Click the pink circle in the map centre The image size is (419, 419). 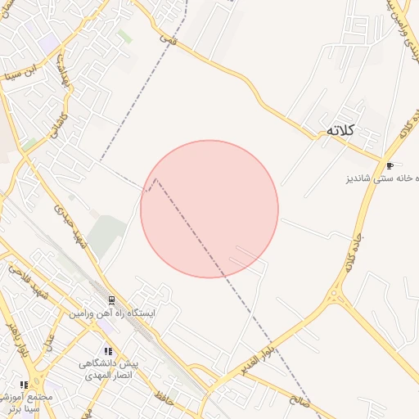pos(209,209)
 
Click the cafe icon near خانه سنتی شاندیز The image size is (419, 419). pos(389,164)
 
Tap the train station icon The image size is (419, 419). pos(111,300)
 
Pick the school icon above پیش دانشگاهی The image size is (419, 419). pos(108,350)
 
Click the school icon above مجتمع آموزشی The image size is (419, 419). pos(25,384)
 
